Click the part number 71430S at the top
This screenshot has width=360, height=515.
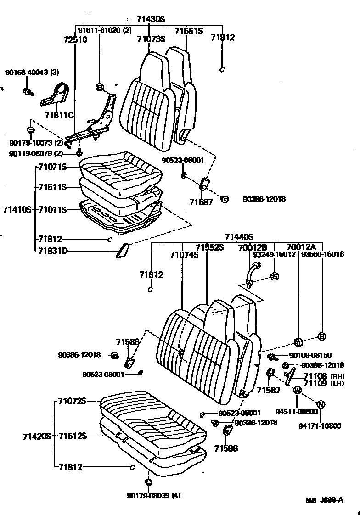point(150,19)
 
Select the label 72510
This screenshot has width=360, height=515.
point(74,40)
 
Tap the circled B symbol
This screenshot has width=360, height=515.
point(99,87)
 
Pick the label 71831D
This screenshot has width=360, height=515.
point(54,251)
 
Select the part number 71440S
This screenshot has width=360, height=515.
point(239,237)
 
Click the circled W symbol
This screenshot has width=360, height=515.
point(297,390)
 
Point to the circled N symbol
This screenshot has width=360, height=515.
point(321,404)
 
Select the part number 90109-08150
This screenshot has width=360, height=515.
point(310,355)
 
